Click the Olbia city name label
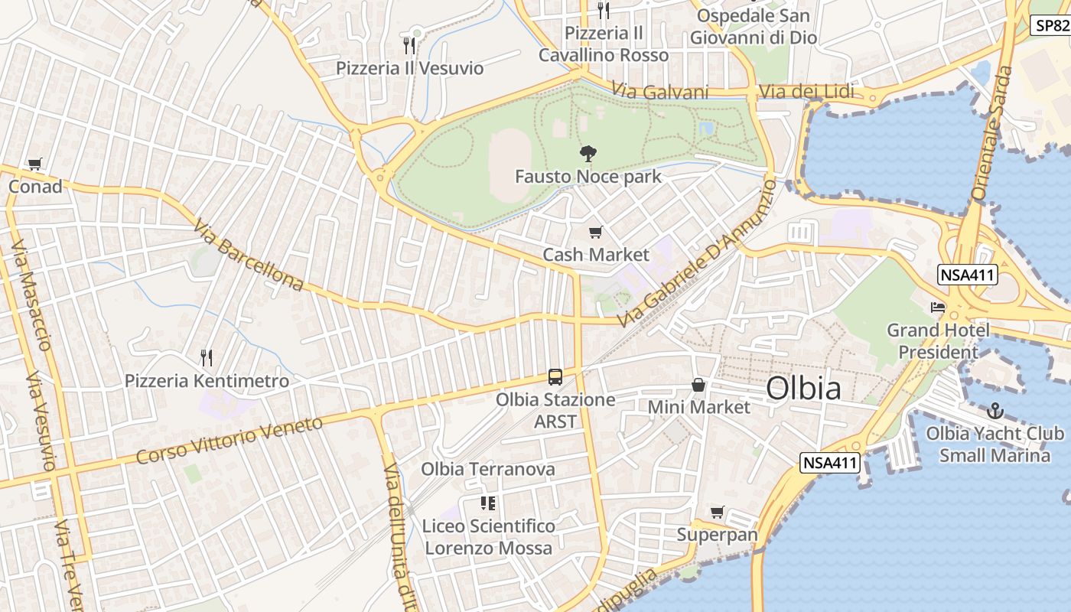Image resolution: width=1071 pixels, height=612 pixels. [x=803, y=388]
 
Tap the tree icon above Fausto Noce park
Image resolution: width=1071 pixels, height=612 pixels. [x=588, y=154]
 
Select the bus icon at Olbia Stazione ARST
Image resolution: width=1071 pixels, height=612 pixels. [x=555, y=376]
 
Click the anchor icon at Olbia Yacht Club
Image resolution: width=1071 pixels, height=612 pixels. [x=994, y=411]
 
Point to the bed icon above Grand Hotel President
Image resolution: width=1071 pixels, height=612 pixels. [x=938, y=308]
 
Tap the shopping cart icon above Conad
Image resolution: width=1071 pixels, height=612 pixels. [x=34, y=164]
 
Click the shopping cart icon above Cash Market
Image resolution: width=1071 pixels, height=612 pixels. [x=595, y=232]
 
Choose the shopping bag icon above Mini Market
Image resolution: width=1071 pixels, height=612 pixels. [x=698, y=384]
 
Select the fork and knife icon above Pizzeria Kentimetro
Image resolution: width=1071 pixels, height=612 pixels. [x=206, y=357]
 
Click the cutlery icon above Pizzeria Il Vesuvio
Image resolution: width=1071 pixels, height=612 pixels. [x=409, y=45]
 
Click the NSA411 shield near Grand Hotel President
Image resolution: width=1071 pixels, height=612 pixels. [x=968, y=275]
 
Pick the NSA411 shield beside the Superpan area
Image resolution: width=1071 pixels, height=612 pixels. [x=831, y=462]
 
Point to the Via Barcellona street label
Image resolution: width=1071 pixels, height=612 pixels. [x=248, y=256]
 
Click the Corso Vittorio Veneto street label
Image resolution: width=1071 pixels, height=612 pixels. [x=229, y=440]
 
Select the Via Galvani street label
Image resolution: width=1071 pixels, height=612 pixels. [x=661, y=92]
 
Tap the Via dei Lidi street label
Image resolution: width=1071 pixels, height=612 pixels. [x=806, y=93]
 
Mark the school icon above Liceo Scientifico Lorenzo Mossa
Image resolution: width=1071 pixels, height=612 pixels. [x=488, y=503]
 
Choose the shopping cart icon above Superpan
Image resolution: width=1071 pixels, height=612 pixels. [x=717, y=512]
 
